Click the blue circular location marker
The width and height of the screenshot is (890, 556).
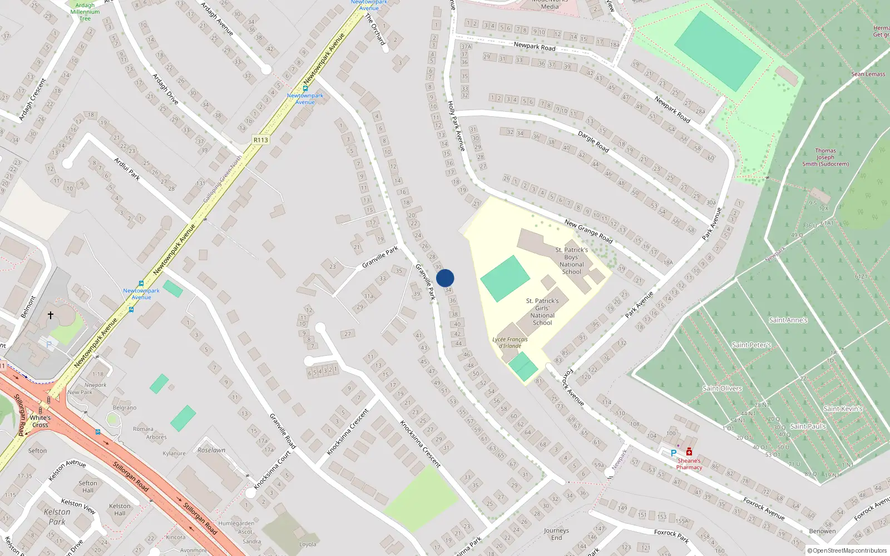coord(445,278)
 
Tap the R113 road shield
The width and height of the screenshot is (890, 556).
coord(260,140)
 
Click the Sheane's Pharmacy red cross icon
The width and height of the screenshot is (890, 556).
coord(689,452)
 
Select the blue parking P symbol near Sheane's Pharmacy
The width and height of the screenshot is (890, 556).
coord(674,453)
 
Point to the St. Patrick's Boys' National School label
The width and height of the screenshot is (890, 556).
coord(571,261)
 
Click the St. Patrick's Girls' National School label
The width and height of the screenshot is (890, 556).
coord(542,311)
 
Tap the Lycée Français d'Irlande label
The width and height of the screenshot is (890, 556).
coord(510,342)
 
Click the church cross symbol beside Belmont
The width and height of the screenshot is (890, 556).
coord(50,315)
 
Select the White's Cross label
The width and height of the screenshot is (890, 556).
coord(40,421)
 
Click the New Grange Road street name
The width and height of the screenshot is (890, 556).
coord(588,231)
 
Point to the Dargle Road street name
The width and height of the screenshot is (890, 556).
coord(593,142)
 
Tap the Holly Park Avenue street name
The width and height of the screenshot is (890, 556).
coord(456,126)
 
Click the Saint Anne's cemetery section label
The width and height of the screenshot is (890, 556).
coord(788,320)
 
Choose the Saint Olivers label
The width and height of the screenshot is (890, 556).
coord(722,388)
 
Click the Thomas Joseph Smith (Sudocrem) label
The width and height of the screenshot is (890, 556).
coord(825,157)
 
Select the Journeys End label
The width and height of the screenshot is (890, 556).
coord(556,534)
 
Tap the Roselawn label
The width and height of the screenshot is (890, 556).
coord(211,450)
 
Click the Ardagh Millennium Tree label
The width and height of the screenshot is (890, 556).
coord(85,12)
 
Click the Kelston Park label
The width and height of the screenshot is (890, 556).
coord(57,517)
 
